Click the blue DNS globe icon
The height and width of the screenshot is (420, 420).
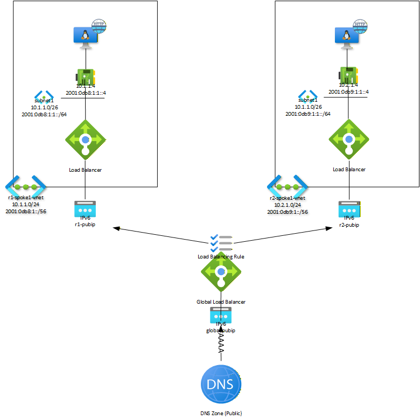[221, 384]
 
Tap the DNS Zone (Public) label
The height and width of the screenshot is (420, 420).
[221, 413]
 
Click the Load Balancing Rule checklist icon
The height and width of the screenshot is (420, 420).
[221, 243]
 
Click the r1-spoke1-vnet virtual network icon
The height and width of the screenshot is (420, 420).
[26, 186]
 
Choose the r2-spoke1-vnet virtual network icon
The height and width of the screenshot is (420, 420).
[288, 186]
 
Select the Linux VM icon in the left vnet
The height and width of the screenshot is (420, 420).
[85, 36]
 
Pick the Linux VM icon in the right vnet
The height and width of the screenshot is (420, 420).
[348, 36]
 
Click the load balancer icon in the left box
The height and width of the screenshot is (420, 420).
[85, 139]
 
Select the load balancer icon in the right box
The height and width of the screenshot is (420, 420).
[348, 139]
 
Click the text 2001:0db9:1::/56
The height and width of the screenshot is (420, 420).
[288, 212]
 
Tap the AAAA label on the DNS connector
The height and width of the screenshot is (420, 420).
[221, 343]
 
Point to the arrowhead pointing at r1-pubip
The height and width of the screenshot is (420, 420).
[115, 229]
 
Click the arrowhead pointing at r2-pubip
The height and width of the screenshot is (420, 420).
[327, 229]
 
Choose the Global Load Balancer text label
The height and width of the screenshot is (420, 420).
[221, 302]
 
